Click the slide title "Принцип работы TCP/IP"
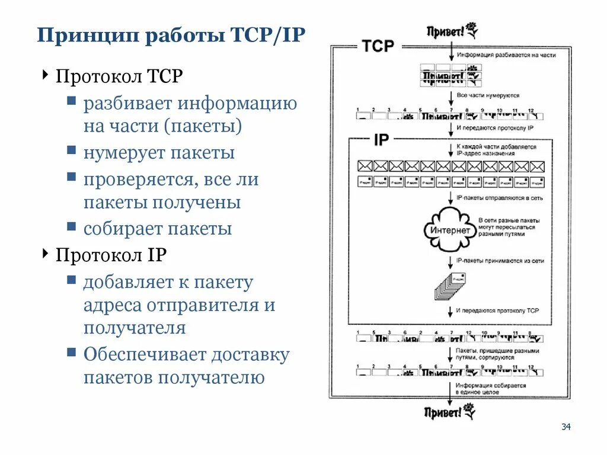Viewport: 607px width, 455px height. point(171,35)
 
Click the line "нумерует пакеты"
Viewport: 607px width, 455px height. point(159,153)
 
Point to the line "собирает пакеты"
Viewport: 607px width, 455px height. point(157,229)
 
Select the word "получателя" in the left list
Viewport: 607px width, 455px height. point(135,328)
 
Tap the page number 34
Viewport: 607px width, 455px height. point(565,427)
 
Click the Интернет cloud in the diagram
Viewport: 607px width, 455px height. point(451,230)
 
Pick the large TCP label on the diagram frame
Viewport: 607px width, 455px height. point(378,46)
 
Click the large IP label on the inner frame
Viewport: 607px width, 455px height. point(381,140)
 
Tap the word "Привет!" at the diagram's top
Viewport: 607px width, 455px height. point(445,31)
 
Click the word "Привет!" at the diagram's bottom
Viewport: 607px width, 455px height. point(443,412)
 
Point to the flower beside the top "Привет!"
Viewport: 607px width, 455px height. point(471,29)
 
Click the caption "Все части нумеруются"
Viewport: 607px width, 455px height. point(488,95)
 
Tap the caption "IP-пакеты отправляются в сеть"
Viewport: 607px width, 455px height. point(499,197)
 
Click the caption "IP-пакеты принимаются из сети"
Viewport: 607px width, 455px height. point(500,259)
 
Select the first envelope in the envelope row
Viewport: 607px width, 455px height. point(365,166)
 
